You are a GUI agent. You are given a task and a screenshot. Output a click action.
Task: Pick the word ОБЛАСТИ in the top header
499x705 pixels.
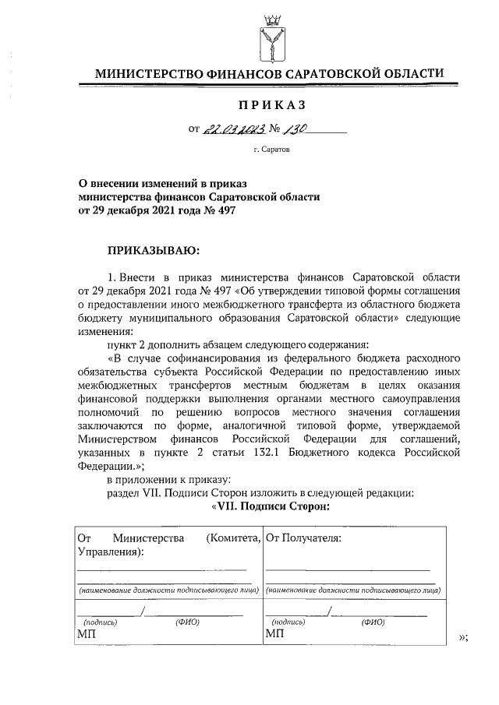pyautogui.click(x=405, y=73)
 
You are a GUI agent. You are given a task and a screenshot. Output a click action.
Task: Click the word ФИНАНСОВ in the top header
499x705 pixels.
pyautogui.click(x=245, y=73)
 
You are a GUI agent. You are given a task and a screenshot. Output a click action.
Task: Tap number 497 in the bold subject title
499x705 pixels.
pyautogui.click(x=222, y=210)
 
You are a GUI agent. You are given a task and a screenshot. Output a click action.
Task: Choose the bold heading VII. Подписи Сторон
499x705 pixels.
pyautogui.click(x=271, y=507)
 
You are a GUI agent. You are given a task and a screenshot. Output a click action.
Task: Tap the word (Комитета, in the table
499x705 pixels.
pyautogui.click(x=231, y=538)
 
